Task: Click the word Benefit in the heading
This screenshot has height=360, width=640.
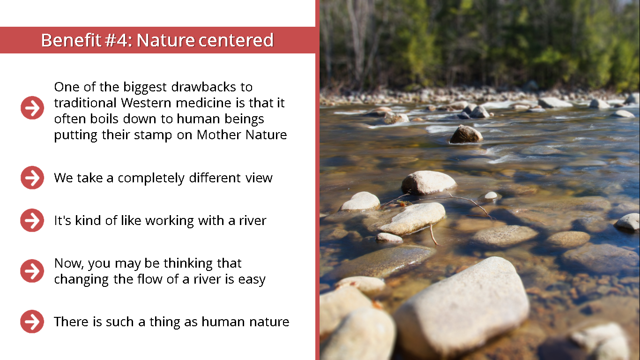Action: [71, 40]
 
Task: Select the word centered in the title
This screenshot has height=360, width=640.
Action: [236, 40]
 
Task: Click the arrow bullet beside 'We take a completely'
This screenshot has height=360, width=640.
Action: [32, 178]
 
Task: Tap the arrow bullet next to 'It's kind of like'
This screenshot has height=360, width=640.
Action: [32, 220]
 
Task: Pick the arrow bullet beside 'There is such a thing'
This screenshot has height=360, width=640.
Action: [32, 322]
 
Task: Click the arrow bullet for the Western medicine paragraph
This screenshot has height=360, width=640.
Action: [32, 108]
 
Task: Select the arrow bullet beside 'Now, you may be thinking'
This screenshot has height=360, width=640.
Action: [32, 271]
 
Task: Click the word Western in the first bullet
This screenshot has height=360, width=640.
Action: [146, 103]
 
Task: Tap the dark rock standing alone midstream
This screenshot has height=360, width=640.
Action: [466, 135]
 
